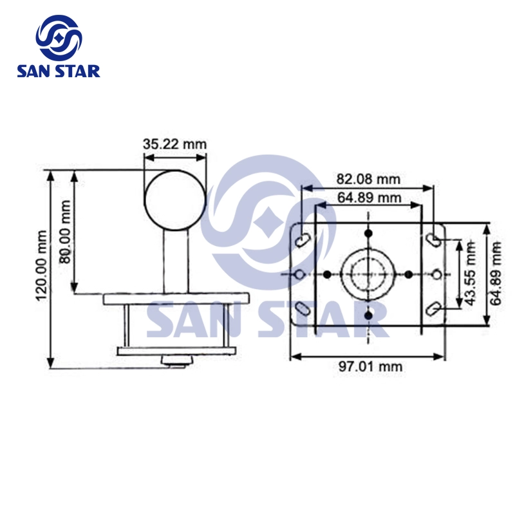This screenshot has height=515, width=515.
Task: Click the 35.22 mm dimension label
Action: click(174, 144)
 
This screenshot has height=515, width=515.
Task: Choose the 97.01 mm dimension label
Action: click(371, 366)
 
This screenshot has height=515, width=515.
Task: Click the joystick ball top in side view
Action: click(174, 198)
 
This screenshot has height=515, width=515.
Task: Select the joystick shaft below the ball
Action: click(174, 261)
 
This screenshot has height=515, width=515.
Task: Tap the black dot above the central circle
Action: click(368, 233)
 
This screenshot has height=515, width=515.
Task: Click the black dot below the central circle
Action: click(368, 315)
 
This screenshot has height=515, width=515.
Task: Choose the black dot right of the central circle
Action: click(408, 274)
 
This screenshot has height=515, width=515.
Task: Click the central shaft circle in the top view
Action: click(368, 274)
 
